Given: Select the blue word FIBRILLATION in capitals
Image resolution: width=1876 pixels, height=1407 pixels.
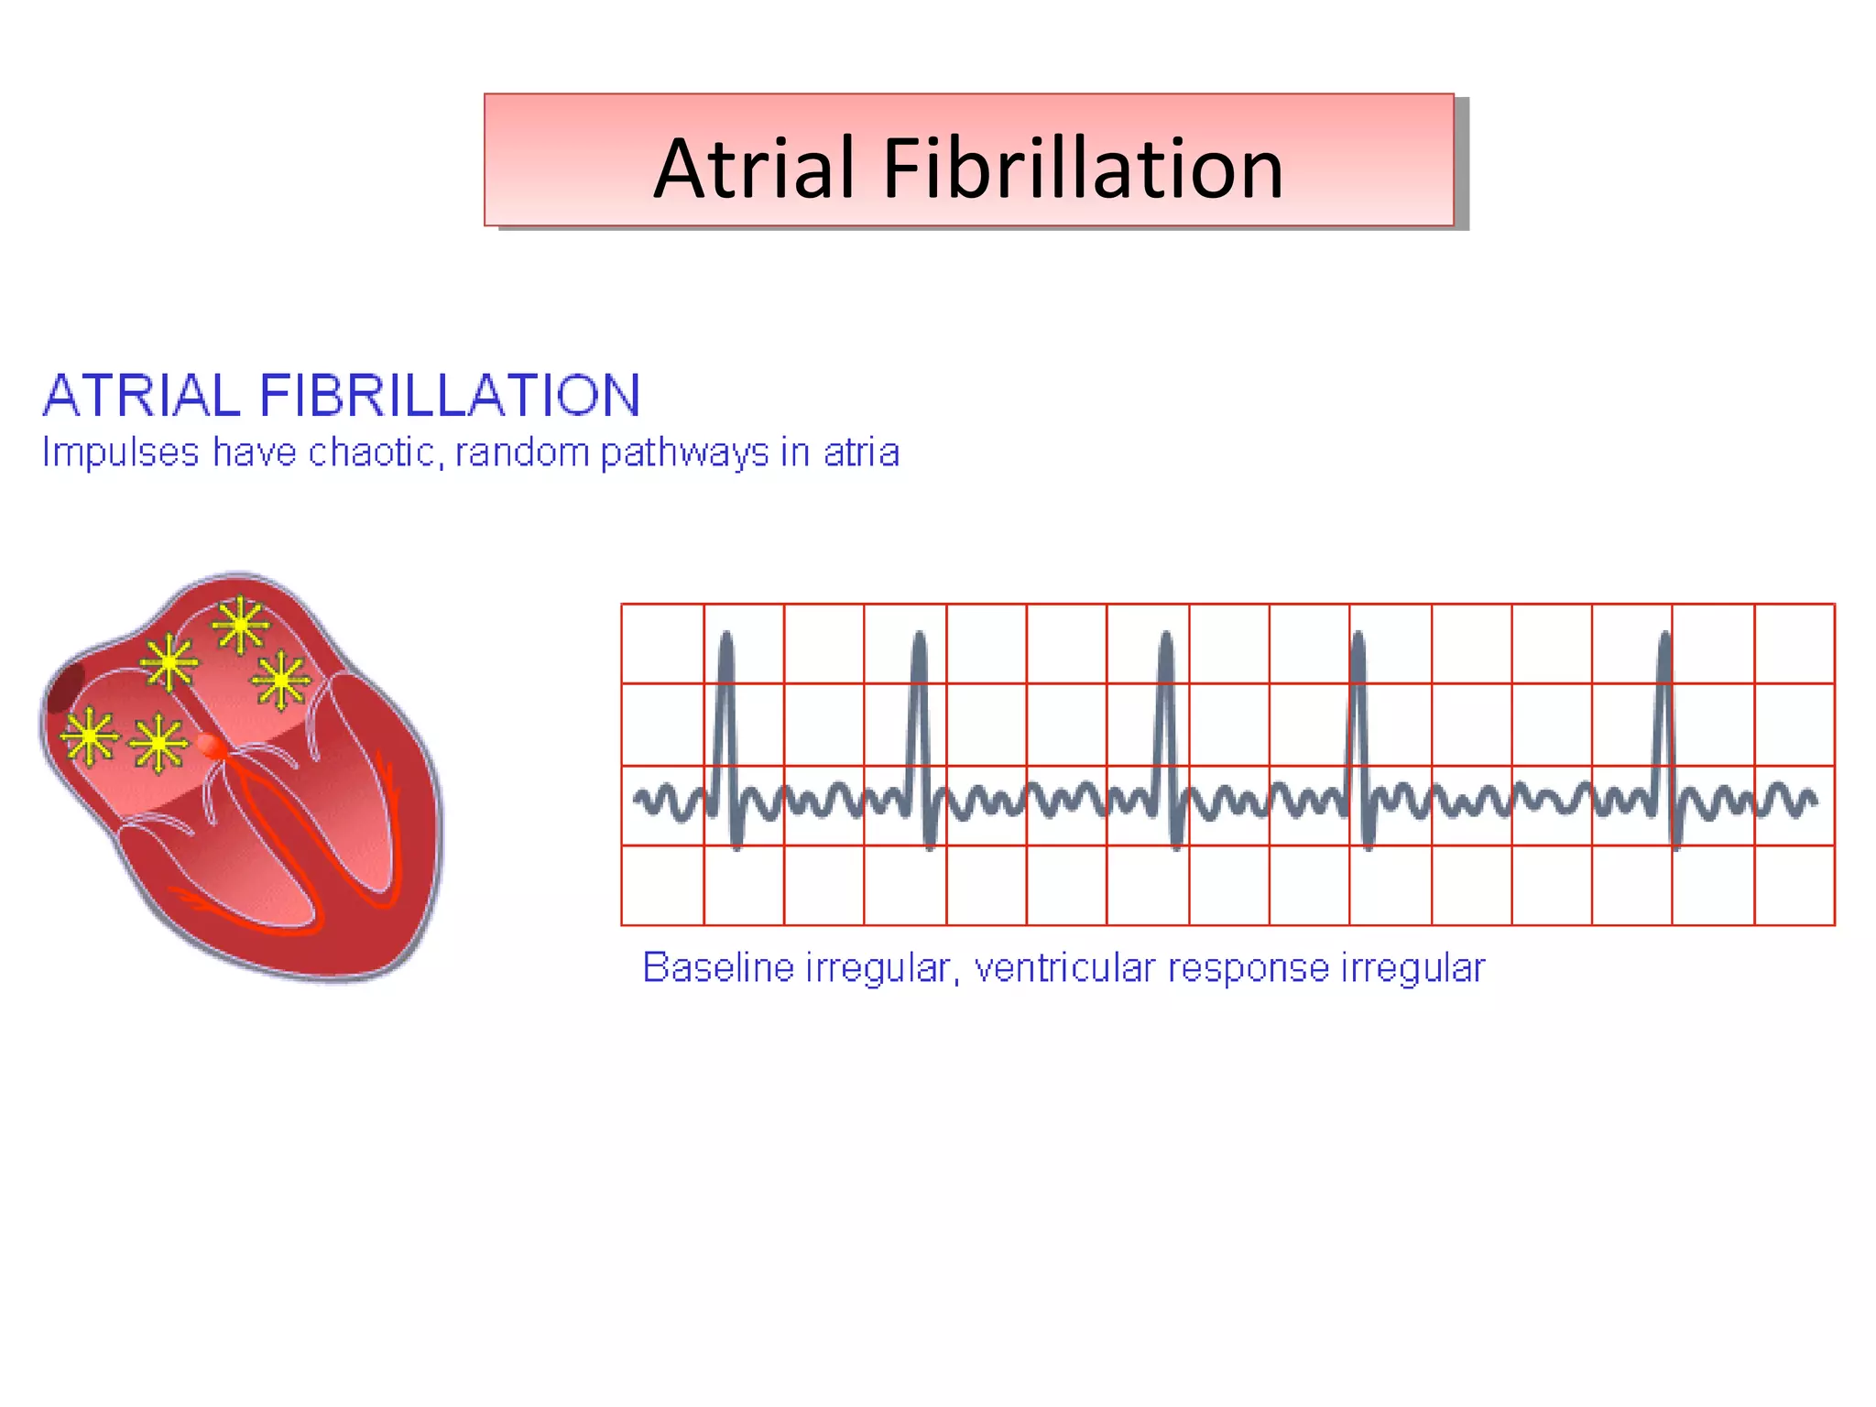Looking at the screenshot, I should click(x=449, y=396).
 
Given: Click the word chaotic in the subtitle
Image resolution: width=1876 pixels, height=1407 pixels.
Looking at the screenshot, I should click(x=376, y=453).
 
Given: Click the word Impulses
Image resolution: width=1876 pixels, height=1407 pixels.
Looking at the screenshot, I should click(x=121, y=453).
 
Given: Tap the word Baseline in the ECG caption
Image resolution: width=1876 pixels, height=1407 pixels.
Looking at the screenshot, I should click(x=718, y=967).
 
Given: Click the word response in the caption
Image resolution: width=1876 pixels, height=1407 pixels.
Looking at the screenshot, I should click(x=1248, y=969).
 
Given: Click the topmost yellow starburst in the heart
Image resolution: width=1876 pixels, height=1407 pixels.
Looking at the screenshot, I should click(x=240, y=626).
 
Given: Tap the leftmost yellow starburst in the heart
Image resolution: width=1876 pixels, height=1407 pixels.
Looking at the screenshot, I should click(x=89, y=736).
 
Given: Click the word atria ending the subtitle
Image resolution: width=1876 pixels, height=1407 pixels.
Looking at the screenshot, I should click(x=861, y=453).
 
